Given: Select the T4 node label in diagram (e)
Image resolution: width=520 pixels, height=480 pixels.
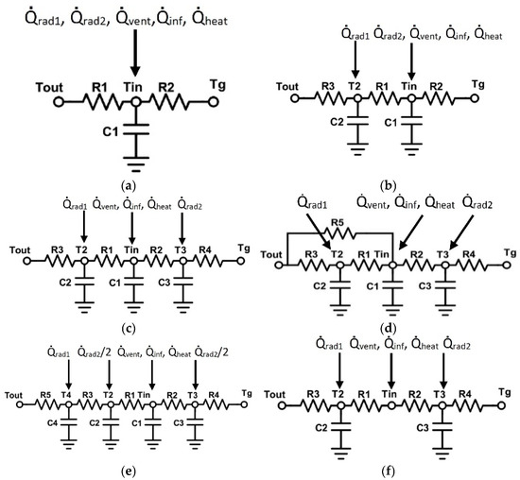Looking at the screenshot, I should coord(66,393).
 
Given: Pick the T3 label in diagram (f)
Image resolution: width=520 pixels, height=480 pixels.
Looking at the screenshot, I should coord(441,394).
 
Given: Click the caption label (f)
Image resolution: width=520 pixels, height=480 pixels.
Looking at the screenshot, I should coord(390,466).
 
